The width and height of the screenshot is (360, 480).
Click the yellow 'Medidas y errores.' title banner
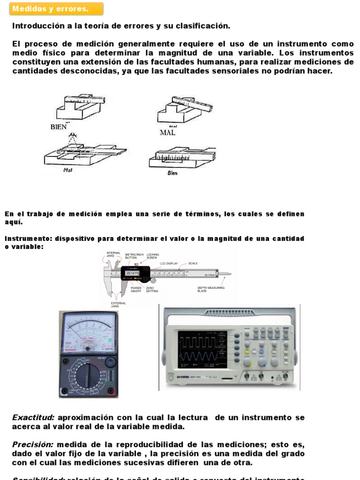56,9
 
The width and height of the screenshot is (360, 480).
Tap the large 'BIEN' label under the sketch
59,127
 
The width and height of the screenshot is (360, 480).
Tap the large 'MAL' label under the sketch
167,133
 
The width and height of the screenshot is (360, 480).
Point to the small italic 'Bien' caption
172,172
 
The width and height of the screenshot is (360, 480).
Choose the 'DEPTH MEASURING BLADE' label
210,289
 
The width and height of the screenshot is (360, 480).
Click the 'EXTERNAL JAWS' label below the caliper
118,305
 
